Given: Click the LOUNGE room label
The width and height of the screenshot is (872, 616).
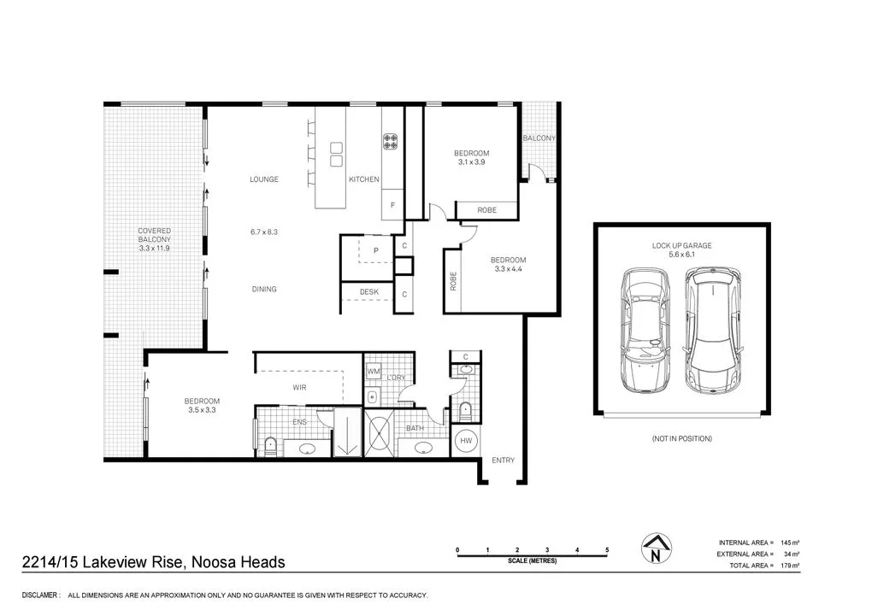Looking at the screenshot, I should pos(264,179).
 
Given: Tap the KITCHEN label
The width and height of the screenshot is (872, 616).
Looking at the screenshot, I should pos(363,179).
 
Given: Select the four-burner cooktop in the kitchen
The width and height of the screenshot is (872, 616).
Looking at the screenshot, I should pos(391,142).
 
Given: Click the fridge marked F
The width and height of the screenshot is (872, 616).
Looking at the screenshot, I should pos(392,205).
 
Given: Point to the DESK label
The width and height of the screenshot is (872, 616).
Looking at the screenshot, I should pos(368,292).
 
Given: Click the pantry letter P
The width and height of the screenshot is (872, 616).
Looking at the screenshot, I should pos(374,249).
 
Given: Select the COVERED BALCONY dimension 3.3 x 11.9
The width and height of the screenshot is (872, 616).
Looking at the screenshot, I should pos(155,248).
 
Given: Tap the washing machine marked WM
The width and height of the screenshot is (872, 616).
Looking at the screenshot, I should pos(374,372).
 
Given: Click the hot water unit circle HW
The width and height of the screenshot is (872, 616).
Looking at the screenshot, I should pos(467,441).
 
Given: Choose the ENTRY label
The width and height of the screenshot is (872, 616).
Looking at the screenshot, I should pos(503,461).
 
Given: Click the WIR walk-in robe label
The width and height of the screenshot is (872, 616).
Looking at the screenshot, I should pos(299,388).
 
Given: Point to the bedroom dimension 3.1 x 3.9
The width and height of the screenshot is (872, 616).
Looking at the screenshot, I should pos(471,162).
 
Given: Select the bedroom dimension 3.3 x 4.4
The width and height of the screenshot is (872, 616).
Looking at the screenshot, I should pos(508,269).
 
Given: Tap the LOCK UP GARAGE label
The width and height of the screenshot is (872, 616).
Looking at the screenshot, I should pos(681,245).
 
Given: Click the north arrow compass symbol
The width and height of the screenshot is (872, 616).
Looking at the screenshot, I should pos(655,550).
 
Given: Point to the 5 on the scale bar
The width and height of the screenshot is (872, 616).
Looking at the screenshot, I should pos(607,549).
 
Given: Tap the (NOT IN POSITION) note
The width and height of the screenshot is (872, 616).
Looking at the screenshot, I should pos(681,438).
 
